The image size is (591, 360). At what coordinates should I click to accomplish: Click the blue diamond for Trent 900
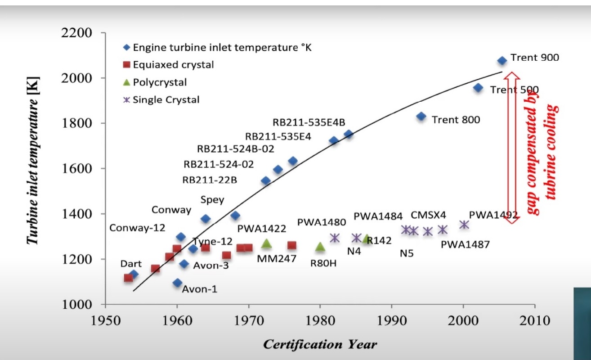tap(502, 61)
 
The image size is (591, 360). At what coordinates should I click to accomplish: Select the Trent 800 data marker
tap(421, 117)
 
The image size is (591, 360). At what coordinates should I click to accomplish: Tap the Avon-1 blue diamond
tap(177, 283)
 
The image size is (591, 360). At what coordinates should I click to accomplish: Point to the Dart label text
tap(131, 264)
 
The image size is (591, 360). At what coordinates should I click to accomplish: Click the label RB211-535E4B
tap(309, 122)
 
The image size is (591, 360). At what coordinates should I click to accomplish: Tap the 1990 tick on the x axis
tap(391, 321)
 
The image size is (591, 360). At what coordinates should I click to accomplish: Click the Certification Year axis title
tap(320, 345)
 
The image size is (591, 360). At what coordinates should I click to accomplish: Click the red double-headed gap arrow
tap(511, 148)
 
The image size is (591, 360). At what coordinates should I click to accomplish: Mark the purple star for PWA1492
tap(464, 225)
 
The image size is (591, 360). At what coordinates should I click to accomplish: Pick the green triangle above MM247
tap(266, 243)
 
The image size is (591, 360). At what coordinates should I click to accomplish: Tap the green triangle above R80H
tap(320, 247)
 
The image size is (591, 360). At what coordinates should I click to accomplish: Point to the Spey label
tap(212, 200)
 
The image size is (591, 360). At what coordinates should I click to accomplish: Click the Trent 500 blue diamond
tap(478, 88)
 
